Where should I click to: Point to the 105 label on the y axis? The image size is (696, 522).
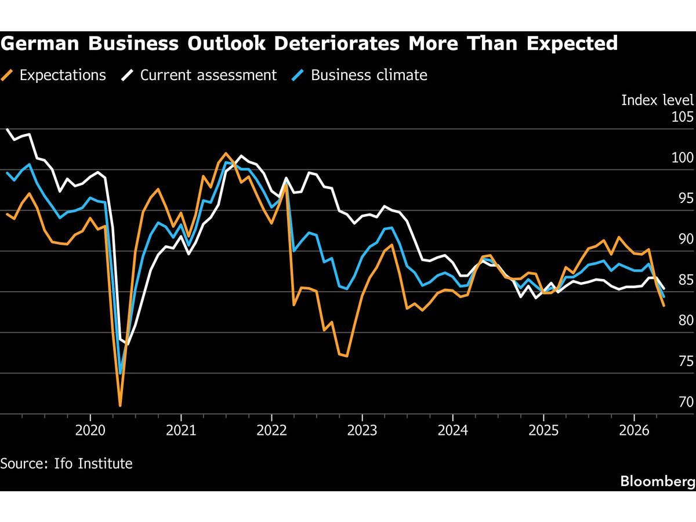point(683,117)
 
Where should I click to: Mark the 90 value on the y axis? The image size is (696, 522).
point(685,239)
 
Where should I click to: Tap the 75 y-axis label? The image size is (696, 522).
point(685,361)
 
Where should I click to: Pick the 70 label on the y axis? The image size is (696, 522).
point(685,402)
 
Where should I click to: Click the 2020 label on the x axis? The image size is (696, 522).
point(90,430)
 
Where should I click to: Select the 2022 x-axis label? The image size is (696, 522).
point(271,430)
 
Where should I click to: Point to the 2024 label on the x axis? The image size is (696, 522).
point(452,430)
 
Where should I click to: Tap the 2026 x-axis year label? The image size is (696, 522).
point(634,430)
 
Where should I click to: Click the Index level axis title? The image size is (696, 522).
point(657,100)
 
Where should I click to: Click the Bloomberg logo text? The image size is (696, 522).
point(657,481)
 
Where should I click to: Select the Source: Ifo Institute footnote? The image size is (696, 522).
point(67,463)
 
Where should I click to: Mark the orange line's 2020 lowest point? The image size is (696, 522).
point(120,405)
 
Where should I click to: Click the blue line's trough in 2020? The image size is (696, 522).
point(121,374)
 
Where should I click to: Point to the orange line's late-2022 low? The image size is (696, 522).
point(346,356)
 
